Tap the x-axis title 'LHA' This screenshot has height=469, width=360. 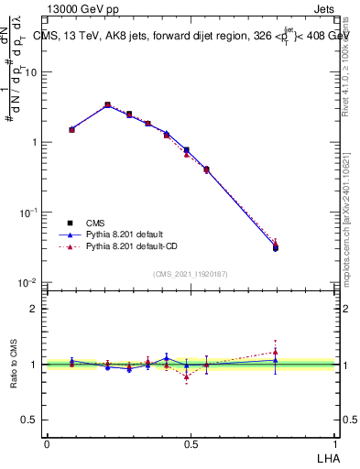pos(327,457)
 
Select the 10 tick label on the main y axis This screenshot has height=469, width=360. pos(32,72)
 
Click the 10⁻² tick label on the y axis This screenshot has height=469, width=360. pos(28,281)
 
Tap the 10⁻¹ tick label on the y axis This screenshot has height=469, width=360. pos(28,212)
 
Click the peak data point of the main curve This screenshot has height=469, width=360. pos(107,105)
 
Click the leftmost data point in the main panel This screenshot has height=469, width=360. pos(72,129)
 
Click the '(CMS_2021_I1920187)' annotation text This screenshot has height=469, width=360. pos(190,274)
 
